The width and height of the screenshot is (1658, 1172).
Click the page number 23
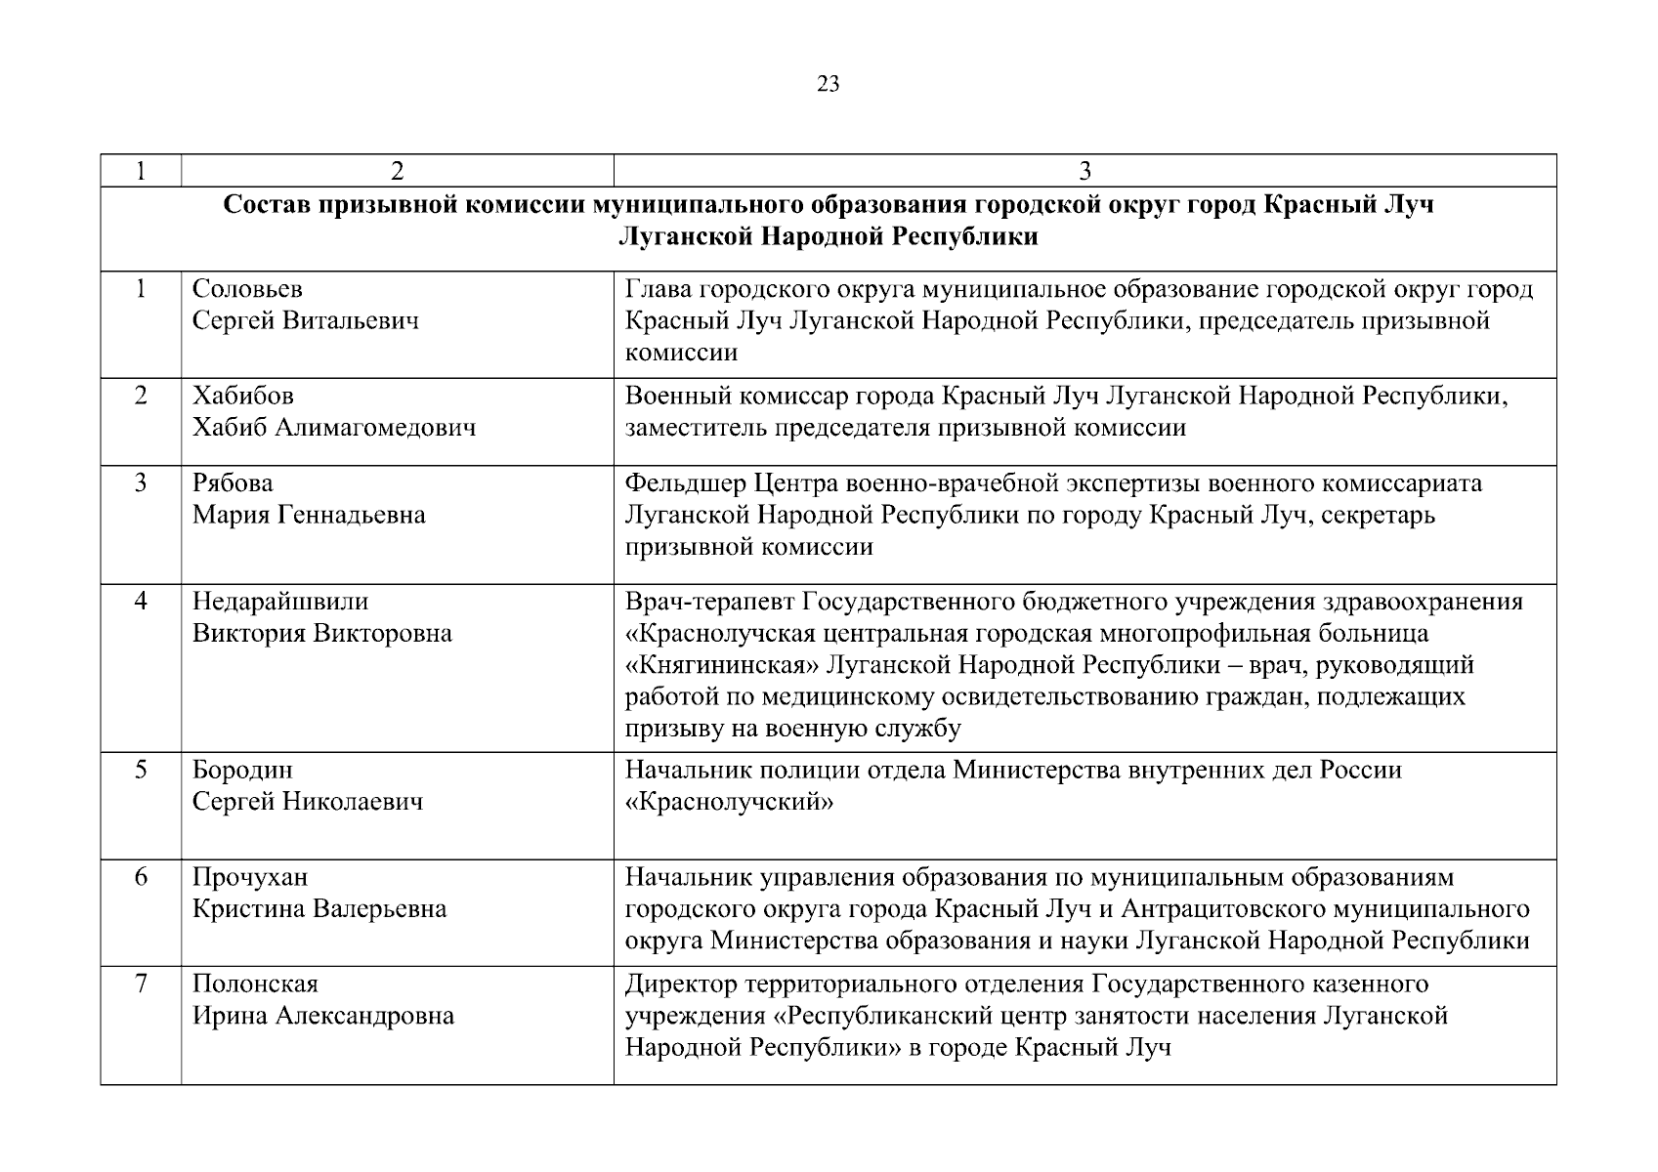pos(828,84)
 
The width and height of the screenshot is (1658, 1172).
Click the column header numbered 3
pos(1084,171)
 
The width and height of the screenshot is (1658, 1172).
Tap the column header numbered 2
pos(397,171)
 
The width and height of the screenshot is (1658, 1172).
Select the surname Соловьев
pos(247,289)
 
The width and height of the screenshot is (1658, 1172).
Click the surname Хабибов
pos(242,396)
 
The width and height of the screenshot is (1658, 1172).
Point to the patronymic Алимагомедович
pos(376,428)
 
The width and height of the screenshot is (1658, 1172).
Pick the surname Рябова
pos(233,483)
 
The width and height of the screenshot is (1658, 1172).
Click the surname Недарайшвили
pos(280,601)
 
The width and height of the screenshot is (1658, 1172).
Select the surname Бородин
pos(242,771)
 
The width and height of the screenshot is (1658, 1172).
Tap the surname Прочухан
pos(250,877)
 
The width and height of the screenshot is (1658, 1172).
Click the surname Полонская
pos(255,984)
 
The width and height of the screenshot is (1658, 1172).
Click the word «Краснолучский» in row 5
pos(729,803)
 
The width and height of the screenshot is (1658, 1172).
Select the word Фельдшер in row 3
pos(685,483)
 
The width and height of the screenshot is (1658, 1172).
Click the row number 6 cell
pos(141,877)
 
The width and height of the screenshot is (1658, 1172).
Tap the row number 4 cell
pos(141,601)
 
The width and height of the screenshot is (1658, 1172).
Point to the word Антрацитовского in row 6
pos(1226,909)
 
